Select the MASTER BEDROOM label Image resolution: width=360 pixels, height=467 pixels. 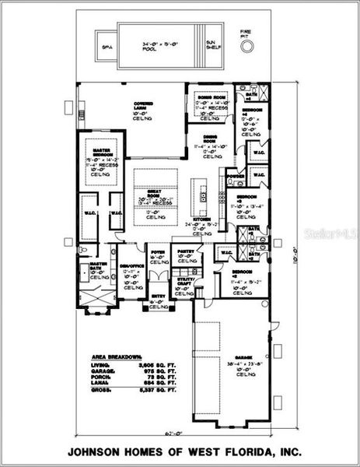tap(103, 150)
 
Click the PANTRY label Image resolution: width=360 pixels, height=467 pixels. tap(185, 252)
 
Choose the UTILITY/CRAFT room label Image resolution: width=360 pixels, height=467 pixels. tap(185, 280)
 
